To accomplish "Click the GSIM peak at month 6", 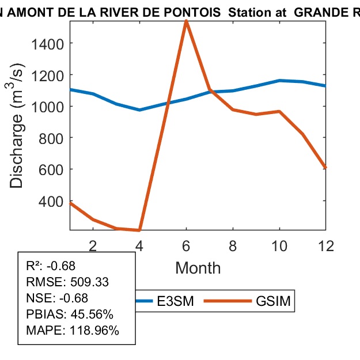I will coord(186,21).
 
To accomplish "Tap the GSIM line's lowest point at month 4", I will coord(139,230).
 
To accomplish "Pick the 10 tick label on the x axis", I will coord(279,245).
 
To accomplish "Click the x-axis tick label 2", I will coord(93,245).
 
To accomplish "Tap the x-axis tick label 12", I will coord(326,245).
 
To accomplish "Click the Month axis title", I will coord(198,267).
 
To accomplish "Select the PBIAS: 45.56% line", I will coord(70,314).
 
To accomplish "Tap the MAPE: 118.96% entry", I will coord(73,331).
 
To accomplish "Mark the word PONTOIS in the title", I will coord(195,12).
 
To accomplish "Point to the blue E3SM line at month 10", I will coord(279,81).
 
